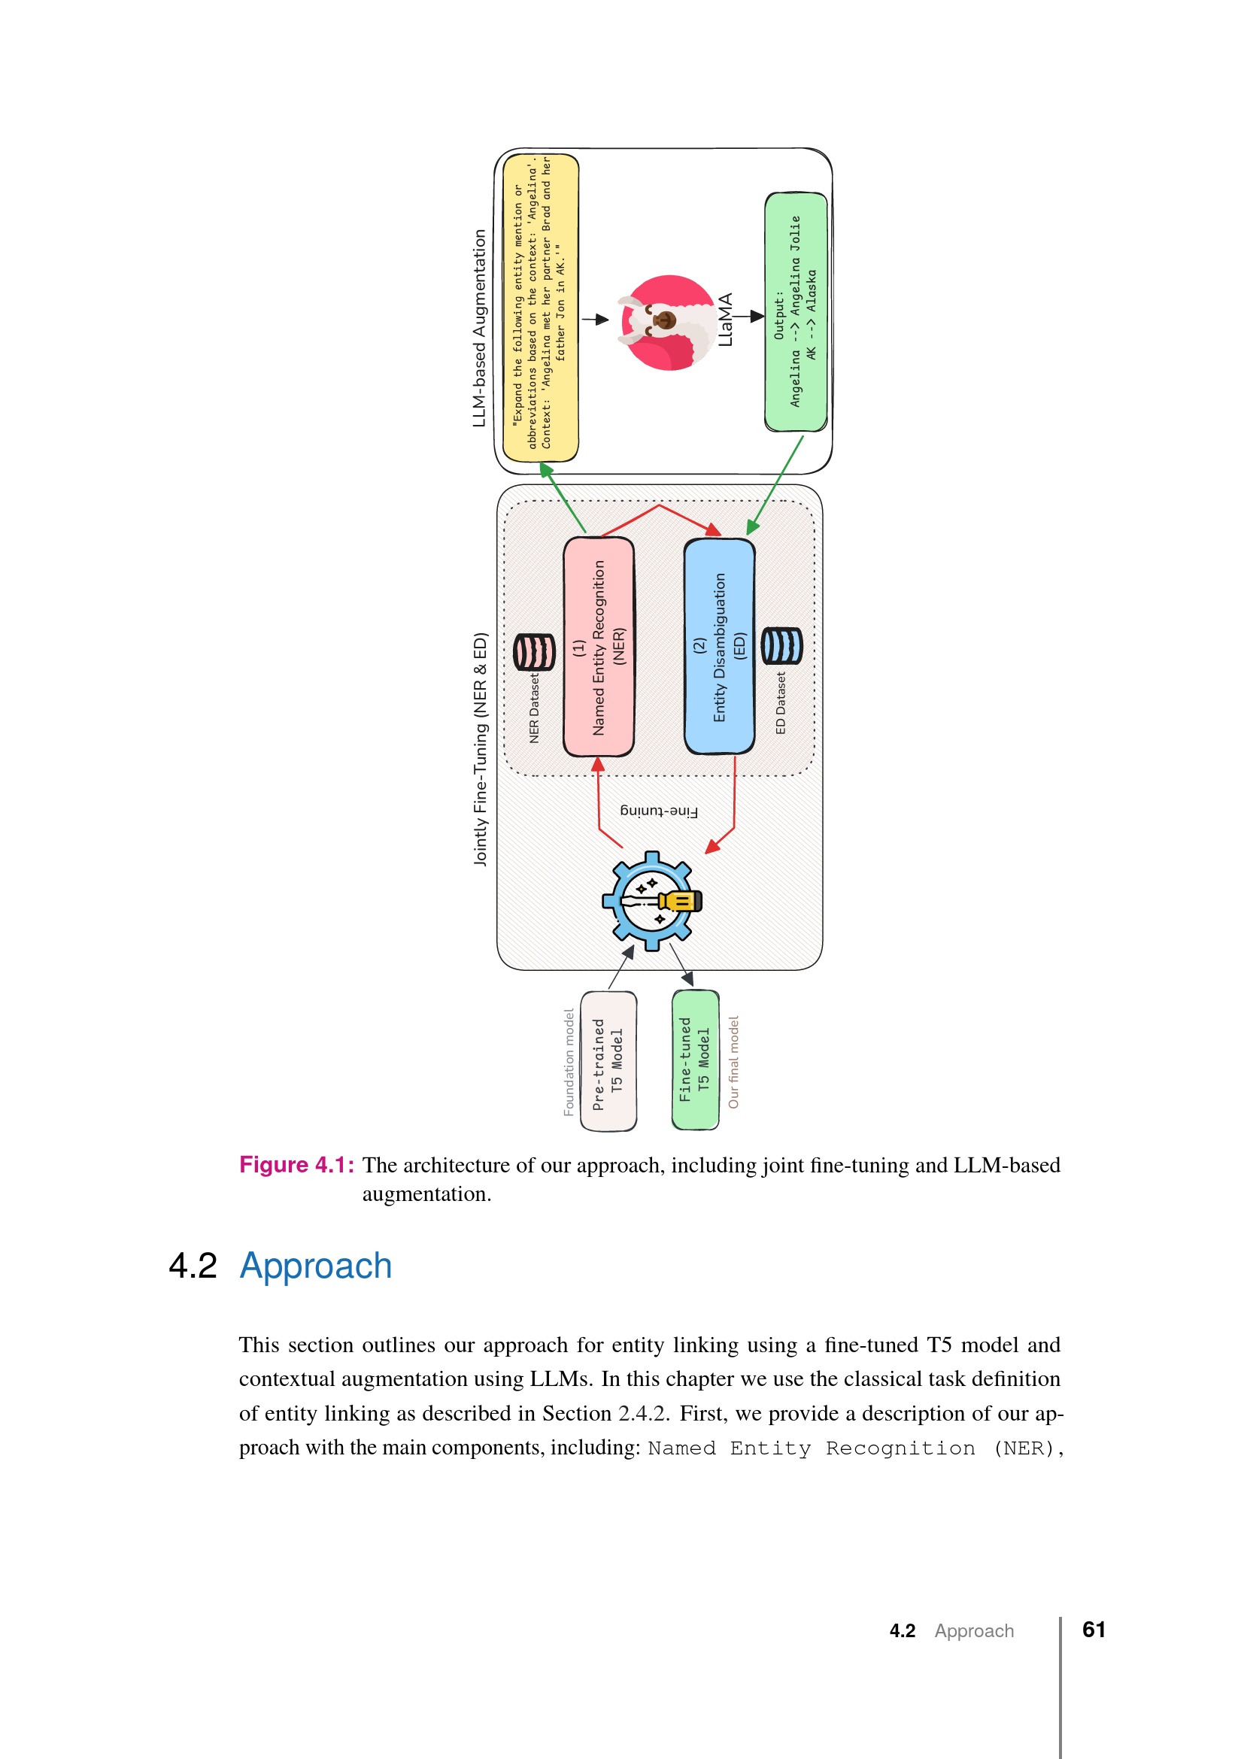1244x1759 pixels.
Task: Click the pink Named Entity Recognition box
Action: pos(598,646)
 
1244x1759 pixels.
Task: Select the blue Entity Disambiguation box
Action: pos(719,646)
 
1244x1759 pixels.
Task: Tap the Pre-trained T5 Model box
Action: pos(609,1061)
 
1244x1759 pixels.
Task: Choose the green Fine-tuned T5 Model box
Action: pos(696,1060)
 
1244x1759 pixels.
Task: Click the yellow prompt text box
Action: pos(540,308)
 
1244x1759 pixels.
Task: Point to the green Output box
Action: pos(796,311)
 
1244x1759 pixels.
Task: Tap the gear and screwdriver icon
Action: pos(652,901)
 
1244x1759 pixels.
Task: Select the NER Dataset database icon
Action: pos(534,652)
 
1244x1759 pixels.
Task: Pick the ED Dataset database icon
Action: pos(782,645)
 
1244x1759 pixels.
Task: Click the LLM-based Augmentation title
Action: pos(480,328)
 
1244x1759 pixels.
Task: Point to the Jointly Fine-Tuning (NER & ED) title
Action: pos(481,748)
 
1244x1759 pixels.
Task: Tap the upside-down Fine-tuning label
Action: pos(659,811)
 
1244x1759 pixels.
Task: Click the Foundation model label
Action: pos(569,1062)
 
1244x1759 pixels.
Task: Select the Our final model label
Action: pos(733,1062)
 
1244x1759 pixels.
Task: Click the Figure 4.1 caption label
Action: pos(296,1164)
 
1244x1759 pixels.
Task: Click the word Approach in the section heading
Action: pos(316,1266)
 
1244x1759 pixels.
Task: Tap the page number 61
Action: pos(1094,1630)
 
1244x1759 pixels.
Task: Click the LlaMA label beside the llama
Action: pos(724,319)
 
